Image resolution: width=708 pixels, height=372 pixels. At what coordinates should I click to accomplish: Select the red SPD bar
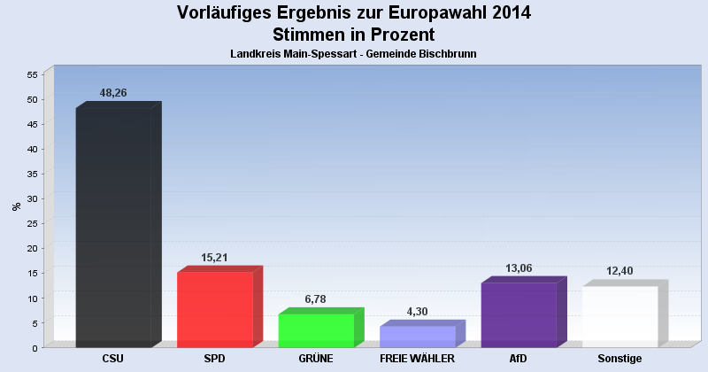pyautogui.click(x=215, y=309)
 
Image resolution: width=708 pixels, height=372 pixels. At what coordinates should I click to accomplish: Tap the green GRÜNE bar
pyautogui.click(x=316, y=330)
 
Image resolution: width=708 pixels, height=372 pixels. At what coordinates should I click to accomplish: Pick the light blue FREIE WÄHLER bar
pyautogui.click(x=417, y=337)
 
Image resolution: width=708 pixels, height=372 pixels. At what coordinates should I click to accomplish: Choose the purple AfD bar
pyautogui.click(x=519, y=314)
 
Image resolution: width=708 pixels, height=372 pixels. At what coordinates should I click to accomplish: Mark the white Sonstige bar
pyautogui.click(x=619, y=316)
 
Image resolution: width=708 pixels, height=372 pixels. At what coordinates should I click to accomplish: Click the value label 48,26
pyautogui.click(x=113, y=93)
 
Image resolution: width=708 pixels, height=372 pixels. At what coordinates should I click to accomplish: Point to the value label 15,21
pyautogui.click(x=215, y=258)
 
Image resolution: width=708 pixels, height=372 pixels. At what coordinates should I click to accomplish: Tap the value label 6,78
pyautogui.click(x=316, y=299)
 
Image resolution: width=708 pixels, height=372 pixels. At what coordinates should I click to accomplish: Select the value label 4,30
pyautogui.click(x=417, y=312)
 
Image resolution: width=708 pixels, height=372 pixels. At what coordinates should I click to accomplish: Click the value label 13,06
pyautogui.click(x=519, y=268)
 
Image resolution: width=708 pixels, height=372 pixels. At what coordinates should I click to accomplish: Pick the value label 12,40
pyautogui.click(x=619, y=271)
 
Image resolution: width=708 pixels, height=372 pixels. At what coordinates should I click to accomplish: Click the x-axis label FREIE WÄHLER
pyautogui.click(x=417, y=359)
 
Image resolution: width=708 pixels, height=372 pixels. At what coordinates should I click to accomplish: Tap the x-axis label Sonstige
pyautogui.click(x=619, y=359)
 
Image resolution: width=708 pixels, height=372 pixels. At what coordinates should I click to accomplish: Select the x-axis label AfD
pyautogui.click(x=519, y=359)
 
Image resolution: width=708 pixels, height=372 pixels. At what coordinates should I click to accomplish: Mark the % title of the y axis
pyautogui.click(x=17, y=206)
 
